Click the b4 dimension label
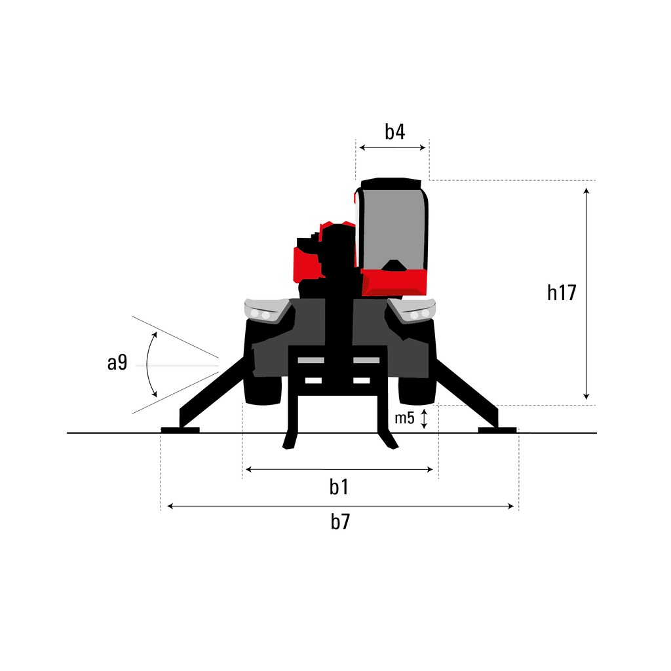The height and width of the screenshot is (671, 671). (394, 132)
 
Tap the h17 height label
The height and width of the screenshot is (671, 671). (562, 293)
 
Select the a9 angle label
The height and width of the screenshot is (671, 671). (117, 363)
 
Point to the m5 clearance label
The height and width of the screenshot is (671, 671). (404, 418)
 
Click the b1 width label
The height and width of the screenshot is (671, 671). (339, 487)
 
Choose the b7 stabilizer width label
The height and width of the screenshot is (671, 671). (340, 522)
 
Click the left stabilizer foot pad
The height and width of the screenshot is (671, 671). (180, 430)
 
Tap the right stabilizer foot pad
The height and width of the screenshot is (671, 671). (497, 430)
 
